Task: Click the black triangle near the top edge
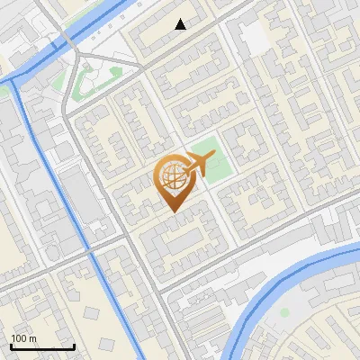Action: point(181,24)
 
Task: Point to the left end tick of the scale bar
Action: point(11,346)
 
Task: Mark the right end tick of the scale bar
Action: point(74,346)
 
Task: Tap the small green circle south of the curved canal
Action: point(284,312)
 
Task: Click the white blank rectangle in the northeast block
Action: point(254,39)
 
